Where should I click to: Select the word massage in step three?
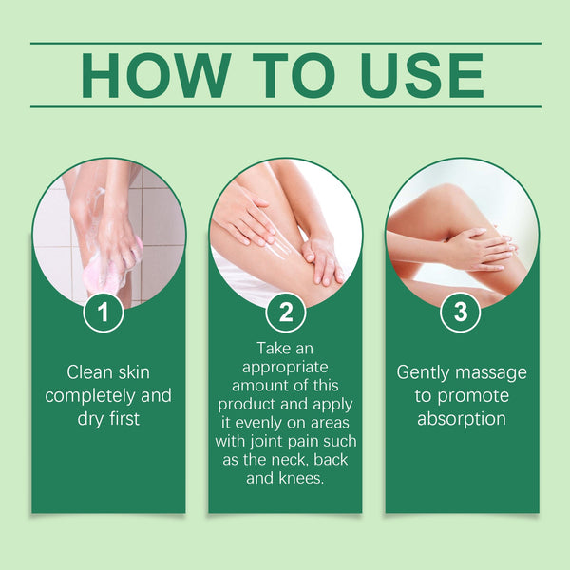[x=494, y=371]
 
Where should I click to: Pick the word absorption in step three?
[x=461, y=418]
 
